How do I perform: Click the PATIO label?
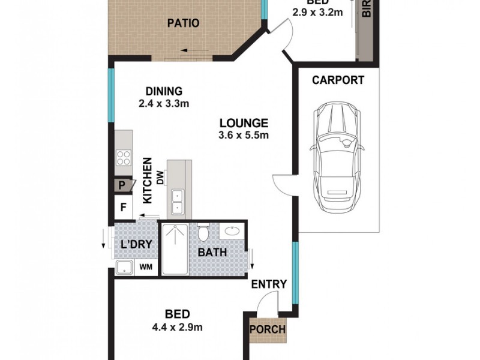point(182,23)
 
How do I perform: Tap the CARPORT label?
point(337,80)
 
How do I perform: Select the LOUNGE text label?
point(243,123)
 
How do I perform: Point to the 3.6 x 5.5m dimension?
point(243,136)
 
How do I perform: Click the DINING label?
point(164,91)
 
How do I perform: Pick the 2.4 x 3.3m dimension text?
point(164,103)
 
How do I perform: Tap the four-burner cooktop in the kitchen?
point(124,158)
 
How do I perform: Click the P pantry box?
point(122,185)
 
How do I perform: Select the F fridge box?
point(124,208)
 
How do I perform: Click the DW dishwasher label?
point(160,178)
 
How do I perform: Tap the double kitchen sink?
point(177,202)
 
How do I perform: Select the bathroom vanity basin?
point(231,231)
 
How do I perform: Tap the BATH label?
point(212,252)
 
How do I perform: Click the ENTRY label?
point(269,284)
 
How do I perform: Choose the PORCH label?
point(268,329)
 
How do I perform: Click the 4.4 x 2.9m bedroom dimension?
point(178,327)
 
